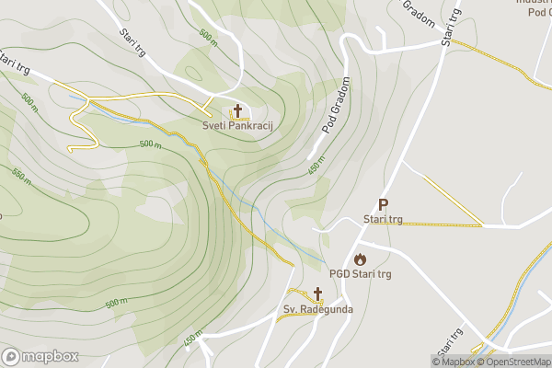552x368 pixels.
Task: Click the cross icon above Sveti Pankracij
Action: coord(237,110)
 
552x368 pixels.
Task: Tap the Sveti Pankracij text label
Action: coord(239,124)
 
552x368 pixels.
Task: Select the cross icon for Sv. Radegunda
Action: coord(317,293)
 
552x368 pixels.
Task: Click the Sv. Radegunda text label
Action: coord(317,309)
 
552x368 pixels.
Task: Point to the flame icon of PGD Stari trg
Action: coord(360,259)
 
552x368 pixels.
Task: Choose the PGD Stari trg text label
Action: coord(361,274)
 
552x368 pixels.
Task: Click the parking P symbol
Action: coord(383,205)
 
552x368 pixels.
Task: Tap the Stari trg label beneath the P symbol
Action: coord(383,220)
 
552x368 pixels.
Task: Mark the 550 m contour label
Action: coord(20,178)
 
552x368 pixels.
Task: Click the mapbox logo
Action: coord(39,356)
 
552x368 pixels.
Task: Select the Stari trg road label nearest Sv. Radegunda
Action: coord(449,345)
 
